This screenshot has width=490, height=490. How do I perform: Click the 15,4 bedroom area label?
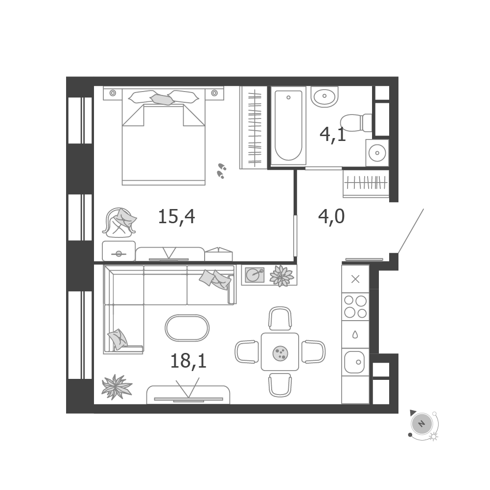177,216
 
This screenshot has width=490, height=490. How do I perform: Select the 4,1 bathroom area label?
333,135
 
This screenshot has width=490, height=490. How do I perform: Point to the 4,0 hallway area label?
331,216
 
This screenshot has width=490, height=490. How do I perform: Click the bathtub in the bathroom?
288,126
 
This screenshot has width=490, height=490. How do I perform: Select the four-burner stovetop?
355,306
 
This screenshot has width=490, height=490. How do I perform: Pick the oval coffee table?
187,327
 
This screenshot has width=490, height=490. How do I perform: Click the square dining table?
280,351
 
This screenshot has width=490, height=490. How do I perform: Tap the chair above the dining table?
280,318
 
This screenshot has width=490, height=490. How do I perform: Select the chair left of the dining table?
247,352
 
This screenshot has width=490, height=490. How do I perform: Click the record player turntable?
255,275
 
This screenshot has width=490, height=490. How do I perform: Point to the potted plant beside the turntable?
281,276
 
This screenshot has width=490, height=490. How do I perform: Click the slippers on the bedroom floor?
222,171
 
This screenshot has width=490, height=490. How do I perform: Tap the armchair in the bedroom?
119,222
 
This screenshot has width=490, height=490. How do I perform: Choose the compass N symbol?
421,424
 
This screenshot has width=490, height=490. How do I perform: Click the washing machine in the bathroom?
377,153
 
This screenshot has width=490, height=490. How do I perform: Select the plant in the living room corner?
117,387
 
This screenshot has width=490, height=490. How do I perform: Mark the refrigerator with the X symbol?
355,279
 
